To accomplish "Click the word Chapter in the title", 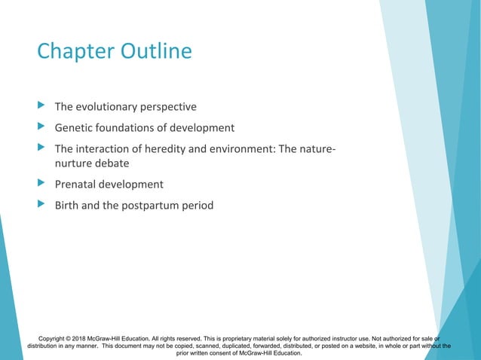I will click(x=73, y=52).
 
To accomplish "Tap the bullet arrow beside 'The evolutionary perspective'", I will click(x=41, y=106).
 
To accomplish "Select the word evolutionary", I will click(x=111, y=107).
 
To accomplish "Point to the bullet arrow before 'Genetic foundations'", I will click(x=41, y=127).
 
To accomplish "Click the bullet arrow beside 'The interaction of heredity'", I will click(x=41, y=148).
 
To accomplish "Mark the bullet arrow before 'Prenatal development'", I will click(x=41, y=184).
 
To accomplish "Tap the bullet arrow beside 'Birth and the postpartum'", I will click(x=41, y=204).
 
